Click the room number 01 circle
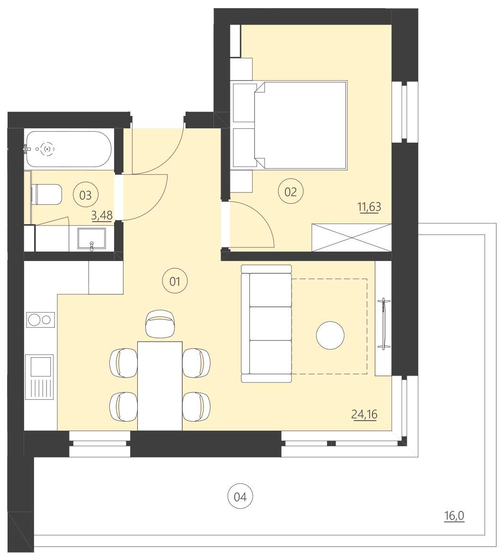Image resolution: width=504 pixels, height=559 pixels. pyautogui.click(x=175, y=281)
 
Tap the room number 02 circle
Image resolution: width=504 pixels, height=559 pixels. pyautogui.click(x=291, y=191)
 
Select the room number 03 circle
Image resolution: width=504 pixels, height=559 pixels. pyautogui.click(x=86, y=195)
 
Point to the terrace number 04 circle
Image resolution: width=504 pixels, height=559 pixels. pyautogui.click(x=240, y=496)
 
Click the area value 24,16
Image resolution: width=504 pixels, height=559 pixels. pyautogui.click(x=364, y=415)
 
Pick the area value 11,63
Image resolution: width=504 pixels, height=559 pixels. pyautogui.click(x=369, y=207)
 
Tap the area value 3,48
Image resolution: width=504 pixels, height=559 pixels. pyautogui.click(x=102, y=216)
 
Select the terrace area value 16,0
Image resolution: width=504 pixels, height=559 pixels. pyautogui.click(x=454, y=515)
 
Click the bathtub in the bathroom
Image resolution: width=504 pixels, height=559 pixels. pyautogui.click(x=69, y=149)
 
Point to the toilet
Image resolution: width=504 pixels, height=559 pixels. pyautogui.click(x=47, y=195)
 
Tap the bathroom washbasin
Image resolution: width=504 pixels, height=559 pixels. pyautogui.click(x=92, y=240)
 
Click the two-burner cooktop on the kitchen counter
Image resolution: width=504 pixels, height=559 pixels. pyautogui.click(x=40, y=320)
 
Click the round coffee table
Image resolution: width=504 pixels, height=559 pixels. pyautogui.click(x=330, y=335)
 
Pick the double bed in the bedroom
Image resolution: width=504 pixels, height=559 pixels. pyautogui.click(x=301, y=125)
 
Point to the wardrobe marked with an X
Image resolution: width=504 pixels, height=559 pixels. pyautogui.click(x=352, y=238)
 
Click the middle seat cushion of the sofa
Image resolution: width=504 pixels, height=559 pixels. pyautogui.click(x=270, y=324)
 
